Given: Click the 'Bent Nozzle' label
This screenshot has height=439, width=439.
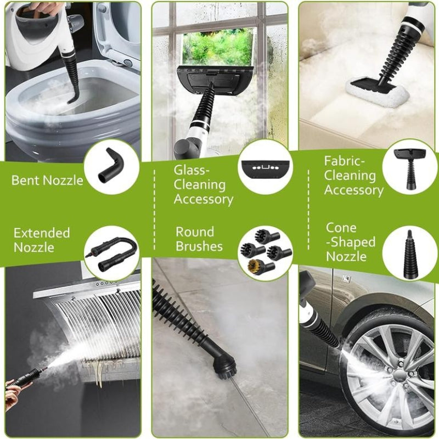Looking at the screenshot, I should click(47, 180).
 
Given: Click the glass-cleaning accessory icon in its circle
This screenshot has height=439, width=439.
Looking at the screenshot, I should click(262, 166).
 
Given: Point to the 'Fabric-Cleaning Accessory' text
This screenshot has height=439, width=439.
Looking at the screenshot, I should click(353, 176).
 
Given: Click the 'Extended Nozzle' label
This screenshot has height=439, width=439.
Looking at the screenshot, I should click(42, 240).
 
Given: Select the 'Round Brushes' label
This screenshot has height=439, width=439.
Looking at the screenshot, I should click(199, 239).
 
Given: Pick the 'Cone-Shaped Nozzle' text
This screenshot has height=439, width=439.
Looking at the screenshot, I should click(351, 242).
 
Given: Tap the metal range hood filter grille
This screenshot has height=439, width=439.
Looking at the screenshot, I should click(99, 324).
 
